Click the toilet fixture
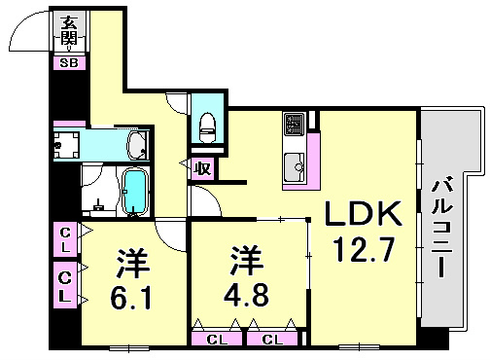205,123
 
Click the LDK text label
354,213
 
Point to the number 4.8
247,294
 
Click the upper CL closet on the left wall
64,239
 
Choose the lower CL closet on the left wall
64,286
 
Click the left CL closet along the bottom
217,339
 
